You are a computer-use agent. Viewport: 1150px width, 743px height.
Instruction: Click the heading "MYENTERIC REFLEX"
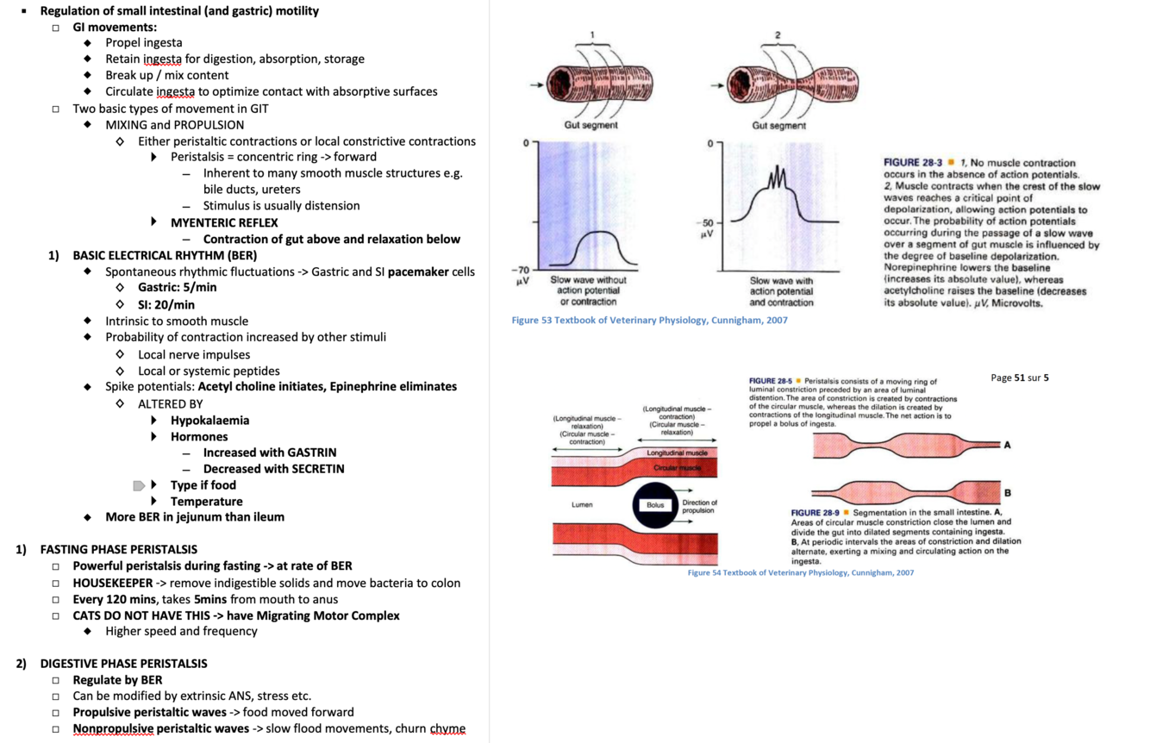223,222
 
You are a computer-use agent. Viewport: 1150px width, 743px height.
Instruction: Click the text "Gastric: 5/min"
178,288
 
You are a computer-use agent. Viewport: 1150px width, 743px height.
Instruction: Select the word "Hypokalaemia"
209,420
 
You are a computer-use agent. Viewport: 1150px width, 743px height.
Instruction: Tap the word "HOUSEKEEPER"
112,583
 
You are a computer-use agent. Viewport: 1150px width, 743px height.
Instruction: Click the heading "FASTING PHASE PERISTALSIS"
118,549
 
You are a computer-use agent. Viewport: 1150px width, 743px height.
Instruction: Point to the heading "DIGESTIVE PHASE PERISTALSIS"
123,664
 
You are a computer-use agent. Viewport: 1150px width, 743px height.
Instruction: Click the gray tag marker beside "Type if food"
139,486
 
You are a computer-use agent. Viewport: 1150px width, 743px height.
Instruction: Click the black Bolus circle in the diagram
656,504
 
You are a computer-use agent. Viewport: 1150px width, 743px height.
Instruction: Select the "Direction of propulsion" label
699,506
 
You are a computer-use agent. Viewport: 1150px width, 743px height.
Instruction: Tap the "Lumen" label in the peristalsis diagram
582,504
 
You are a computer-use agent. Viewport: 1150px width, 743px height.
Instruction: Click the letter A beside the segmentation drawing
1007,445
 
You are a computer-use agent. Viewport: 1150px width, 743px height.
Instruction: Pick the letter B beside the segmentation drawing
1007,492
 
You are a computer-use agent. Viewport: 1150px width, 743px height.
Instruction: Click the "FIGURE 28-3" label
912,162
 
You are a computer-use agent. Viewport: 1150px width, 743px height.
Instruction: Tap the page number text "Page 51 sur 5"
1020,378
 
